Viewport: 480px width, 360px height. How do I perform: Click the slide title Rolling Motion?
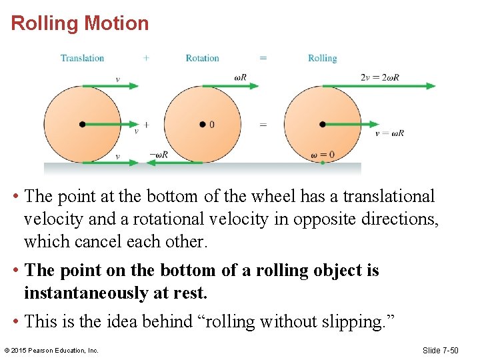[x=80, y=23]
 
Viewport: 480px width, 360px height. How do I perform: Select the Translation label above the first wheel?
[x=82, y=58]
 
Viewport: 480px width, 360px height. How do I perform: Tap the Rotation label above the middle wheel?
[x=202, y=58]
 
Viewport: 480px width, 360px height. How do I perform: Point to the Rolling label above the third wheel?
[x=322, y=58]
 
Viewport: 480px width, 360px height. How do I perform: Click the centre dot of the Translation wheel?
[x=82, y=124]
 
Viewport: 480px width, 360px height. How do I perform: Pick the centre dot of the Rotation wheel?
[x=202, y=124]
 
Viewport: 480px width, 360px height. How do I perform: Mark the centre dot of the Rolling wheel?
[x=322, y=124]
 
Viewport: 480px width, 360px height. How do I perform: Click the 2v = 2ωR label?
[x=379, y=77]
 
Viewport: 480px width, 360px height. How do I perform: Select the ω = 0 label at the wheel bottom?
[x=323, y=155]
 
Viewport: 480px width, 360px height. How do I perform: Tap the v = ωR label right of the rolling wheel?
[x=389, y=133]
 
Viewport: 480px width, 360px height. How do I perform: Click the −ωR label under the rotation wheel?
[x=159, y=155]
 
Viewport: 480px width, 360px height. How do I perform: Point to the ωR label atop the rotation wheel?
[x=241, y=77]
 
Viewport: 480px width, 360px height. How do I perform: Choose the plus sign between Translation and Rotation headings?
[x=146, y=58]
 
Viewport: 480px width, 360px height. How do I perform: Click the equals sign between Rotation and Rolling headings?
[x=263, y=58]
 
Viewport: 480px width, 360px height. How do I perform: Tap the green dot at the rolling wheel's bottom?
[x=323, y=162]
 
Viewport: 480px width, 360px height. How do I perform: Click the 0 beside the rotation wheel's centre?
[x=212, y=125]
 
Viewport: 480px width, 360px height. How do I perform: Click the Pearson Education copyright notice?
[x=51, y=350]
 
